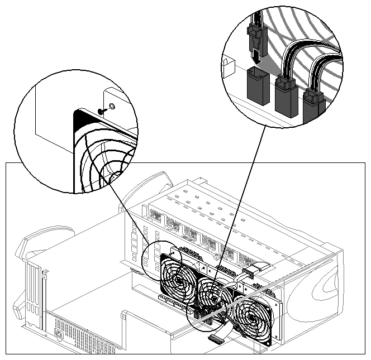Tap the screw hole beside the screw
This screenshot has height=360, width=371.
(111, 105)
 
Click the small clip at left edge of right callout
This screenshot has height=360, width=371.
(229, 66)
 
